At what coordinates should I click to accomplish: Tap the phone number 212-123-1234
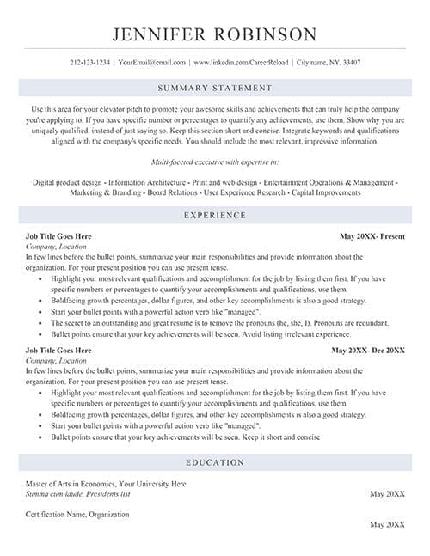(89, 63)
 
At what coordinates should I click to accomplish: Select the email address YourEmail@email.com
(151, 63)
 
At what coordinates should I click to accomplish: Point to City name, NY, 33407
(328, 63)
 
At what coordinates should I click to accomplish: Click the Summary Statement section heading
(215, 88)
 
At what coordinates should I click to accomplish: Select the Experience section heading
(215, 215)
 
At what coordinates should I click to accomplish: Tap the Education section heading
(215, 462)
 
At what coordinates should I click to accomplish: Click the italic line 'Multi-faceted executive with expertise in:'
(215, 162)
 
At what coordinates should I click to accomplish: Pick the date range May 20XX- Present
(372, 235)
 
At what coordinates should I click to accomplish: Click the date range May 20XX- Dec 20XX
(368, 327)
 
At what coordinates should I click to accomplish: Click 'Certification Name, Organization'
(77, 514)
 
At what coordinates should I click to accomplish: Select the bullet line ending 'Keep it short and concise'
(185, 437)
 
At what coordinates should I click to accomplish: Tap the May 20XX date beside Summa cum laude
(387, 494)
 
